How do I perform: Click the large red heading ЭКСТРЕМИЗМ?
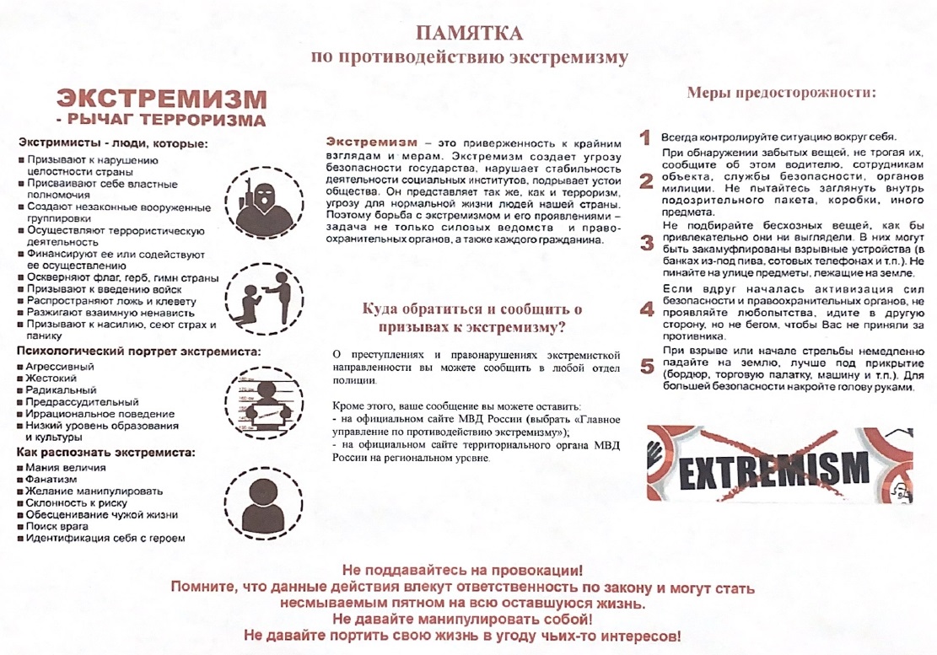[156, 99]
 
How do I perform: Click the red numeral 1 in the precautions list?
[646, 137]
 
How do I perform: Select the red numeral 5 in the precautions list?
[647, 367]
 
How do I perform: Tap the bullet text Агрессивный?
[61, 367]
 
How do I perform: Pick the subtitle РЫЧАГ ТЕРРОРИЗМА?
[165, 120]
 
